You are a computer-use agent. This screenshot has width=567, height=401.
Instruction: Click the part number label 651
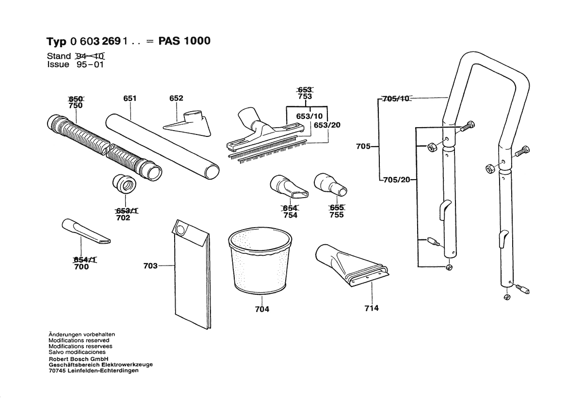(x=130, y=98)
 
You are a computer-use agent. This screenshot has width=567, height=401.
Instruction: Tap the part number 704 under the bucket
(x=262, y=309)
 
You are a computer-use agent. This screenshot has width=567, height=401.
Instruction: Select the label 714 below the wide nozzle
(x=372, y=308)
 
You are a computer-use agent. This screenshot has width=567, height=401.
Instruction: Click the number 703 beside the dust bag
(x=151, y=266)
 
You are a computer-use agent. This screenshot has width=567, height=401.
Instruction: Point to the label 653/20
(x=327, y=125)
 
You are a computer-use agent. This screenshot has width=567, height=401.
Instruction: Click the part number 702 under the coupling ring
(x=123, y=218)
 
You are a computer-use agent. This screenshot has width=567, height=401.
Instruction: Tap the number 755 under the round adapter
(x=336, y=215)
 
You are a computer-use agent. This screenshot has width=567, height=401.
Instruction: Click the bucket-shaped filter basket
(x=261, y=262)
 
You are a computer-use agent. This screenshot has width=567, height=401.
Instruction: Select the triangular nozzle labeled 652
(x=188, y=123)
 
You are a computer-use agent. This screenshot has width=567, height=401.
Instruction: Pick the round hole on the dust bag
(x=182, y=228)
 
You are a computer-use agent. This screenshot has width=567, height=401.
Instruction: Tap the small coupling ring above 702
(x=123, y=184)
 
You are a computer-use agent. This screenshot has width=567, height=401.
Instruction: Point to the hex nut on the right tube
(x=489, y=168)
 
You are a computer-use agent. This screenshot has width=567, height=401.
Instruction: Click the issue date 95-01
(x=90, y=64)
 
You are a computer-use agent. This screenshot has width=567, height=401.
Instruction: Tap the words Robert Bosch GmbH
(x=75, y=359)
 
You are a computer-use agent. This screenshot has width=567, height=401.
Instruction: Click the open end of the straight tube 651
(x=212, y=170)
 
